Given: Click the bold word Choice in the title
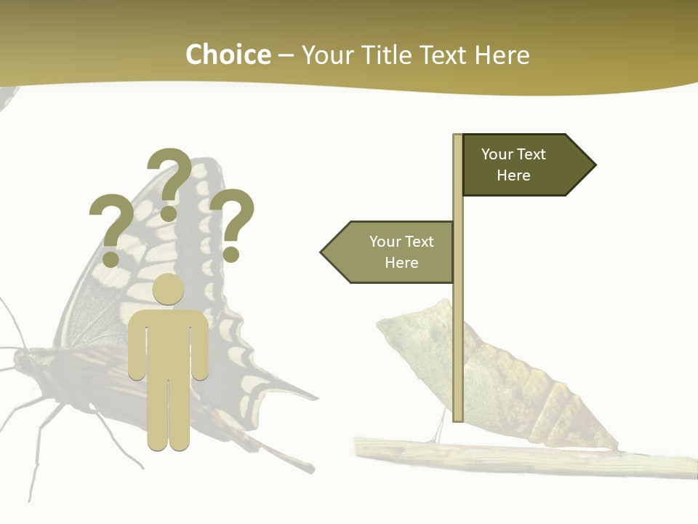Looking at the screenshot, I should point(228,55).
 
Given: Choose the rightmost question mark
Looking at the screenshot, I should point(233,223).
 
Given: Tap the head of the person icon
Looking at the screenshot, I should point(168,289).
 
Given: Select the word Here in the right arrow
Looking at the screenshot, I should point(513,175).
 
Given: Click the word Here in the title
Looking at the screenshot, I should point(502,55).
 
